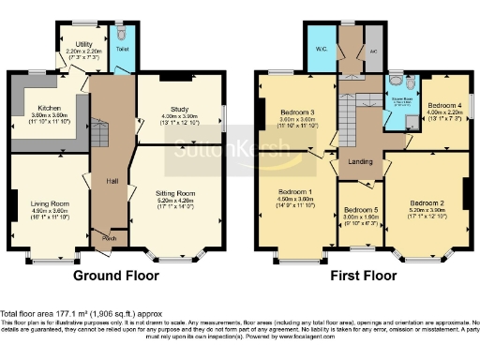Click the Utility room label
click(x=84, y=44)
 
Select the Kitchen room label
click(x=49, y=108)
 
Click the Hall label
click(x=111, y=181)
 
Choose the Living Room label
click(x=51, y=202)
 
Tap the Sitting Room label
click(x=176, y=191)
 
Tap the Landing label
click(x=361, y=160)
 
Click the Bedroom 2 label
click(x=427, y=202)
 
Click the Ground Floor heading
click(x=116, y=277)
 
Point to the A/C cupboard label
click(x=372, y=52)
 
